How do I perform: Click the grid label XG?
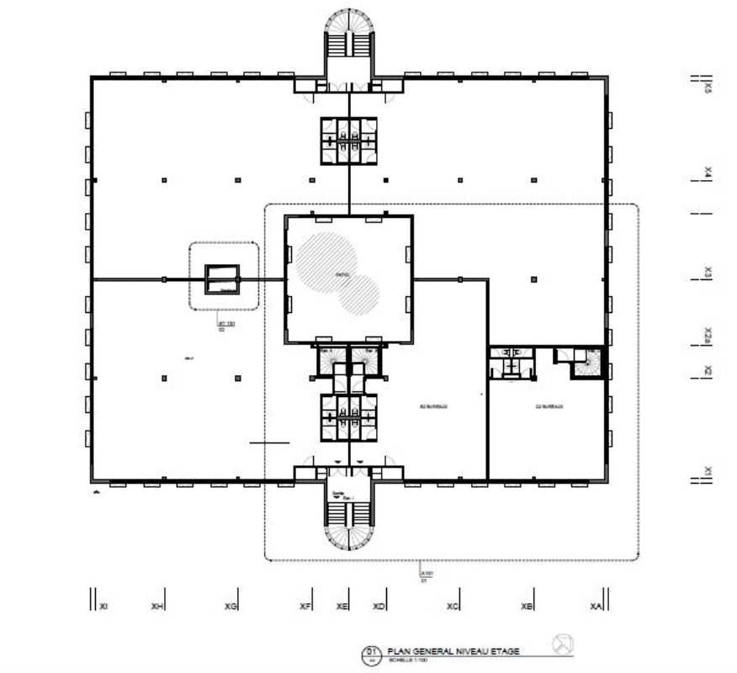231,606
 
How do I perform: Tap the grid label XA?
596,606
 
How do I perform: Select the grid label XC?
453,606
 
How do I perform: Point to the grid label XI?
103,606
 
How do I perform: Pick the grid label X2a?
708,336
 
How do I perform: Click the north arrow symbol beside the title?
563,644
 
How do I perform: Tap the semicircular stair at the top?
349,34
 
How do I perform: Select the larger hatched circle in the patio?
323,262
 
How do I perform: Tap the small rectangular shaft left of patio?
223,279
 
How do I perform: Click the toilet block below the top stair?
349,139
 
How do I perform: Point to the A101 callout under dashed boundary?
423,575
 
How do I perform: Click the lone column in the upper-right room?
533,278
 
